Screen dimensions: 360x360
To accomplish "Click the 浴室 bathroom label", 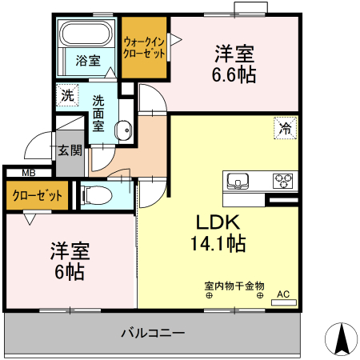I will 88,60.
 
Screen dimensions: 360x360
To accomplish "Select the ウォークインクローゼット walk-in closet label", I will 144,47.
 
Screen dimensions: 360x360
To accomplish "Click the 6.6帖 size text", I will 234,74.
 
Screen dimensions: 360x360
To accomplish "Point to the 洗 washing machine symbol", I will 67,94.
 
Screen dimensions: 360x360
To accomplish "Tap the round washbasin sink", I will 122,130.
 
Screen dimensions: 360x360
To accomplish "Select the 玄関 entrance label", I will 70,150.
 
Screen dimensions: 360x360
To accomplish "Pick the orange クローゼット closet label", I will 38,194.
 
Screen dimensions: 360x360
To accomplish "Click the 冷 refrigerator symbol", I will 284,126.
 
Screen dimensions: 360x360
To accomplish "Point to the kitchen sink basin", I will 238,179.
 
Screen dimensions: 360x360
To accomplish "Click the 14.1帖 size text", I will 217,242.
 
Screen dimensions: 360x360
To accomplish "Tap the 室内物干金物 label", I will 234,285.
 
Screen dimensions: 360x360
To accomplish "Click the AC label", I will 282,294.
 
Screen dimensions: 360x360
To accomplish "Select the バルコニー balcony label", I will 153,332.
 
